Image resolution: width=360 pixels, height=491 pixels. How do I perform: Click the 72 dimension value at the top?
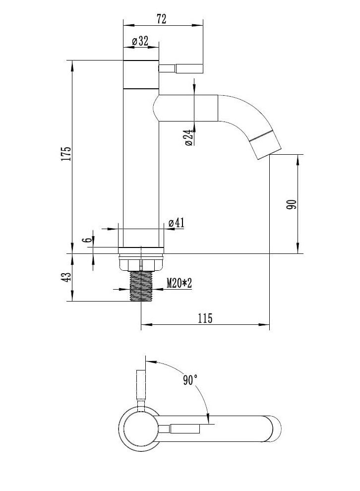tap(161, 19)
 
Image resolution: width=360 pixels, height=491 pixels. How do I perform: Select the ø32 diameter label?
tap(140, 41)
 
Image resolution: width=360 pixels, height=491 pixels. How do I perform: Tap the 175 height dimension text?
tap(66, 153)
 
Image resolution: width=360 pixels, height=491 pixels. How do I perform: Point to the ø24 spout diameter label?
tap(188, 138)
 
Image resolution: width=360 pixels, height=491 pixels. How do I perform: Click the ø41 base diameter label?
tap(176, 223)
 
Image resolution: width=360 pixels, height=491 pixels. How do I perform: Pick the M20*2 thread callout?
tap(179, 283)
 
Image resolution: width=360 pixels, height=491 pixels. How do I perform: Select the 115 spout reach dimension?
tap(205, 318)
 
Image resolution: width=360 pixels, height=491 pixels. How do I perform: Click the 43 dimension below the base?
tap(66, 277)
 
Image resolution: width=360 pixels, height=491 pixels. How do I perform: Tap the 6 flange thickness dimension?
tap(89, 240)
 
